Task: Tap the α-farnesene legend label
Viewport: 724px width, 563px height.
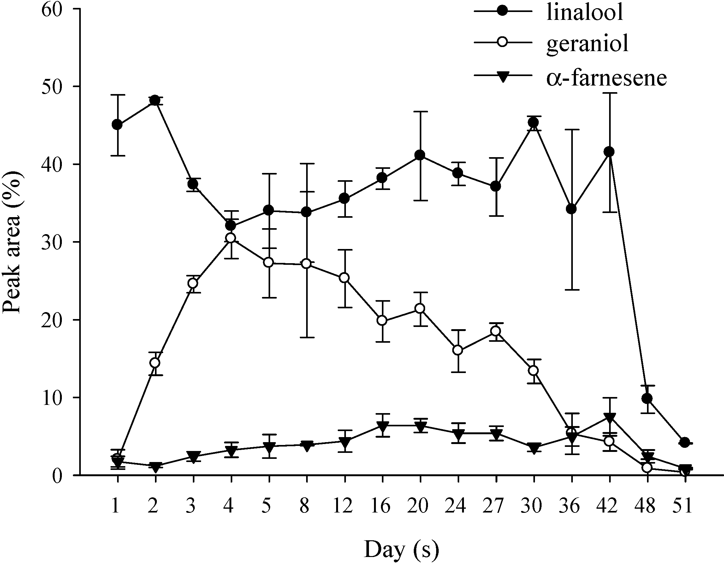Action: [x=606, y=78]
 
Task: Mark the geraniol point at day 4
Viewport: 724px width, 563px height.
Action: [x=231, y=238]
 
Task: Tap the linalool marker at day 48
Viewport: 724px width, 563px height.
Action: [x=647, y=399]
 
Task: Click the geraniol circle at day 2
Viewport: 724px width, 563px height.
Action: [x=155, y=363]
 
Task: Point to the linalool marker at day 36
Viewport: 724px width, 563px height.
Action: [x=571, y=209]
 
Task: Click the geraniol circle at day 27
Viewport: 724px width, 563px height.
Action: [x=496, y=331]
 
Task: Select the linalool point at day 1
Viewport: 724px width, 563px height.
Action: [x=117, y=125]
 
